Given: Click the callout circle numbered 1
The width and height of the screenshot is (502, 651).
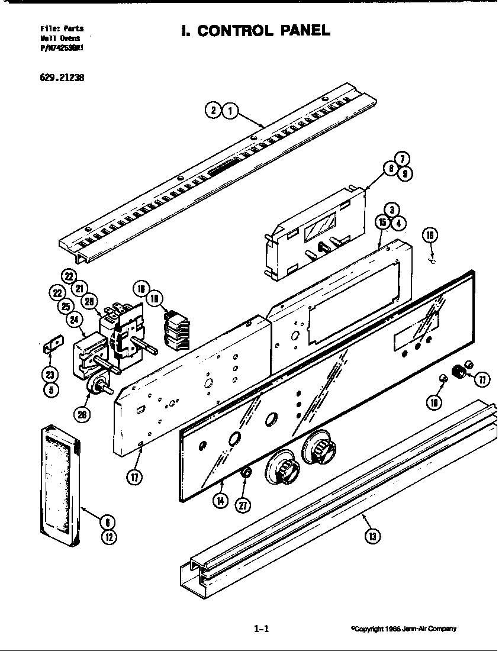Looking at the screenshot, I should [x=230, y=110].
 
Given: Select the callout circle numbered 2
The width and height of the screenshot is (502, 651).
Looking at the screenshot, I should [x=213, y=110].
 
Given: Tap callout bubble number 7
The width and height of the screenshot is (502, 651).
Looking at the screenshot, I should [x=401, y=159].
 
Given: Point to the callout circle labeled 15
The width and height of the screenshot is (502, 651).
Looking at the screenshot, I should [x=382, y=223].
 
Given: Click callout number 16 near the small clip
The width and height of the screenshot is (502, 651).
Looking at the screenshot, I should [x=430, y=236].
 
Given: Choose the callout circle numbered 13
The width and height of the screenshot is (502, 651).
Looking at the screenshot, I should [x=372, y=536].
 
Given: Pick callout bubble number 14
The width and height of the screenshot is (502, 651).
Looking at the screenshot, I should [x=221, y=501].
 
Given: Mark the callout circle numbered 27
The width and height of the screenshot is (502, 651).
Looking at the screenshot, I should [x=243, y=505].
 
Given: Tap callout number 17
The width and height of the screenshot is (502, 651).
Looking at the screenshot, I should [x=135, y=478].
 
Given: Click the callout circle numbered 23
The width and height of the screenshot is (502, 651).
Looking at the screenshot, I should [x=50, y=374].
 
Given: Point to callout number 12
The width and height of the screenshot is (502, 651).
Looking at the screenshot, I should [x=108, y=537].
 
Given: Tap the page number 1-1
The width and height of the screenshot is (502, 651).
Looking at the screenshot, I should [x=261, y=629].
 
